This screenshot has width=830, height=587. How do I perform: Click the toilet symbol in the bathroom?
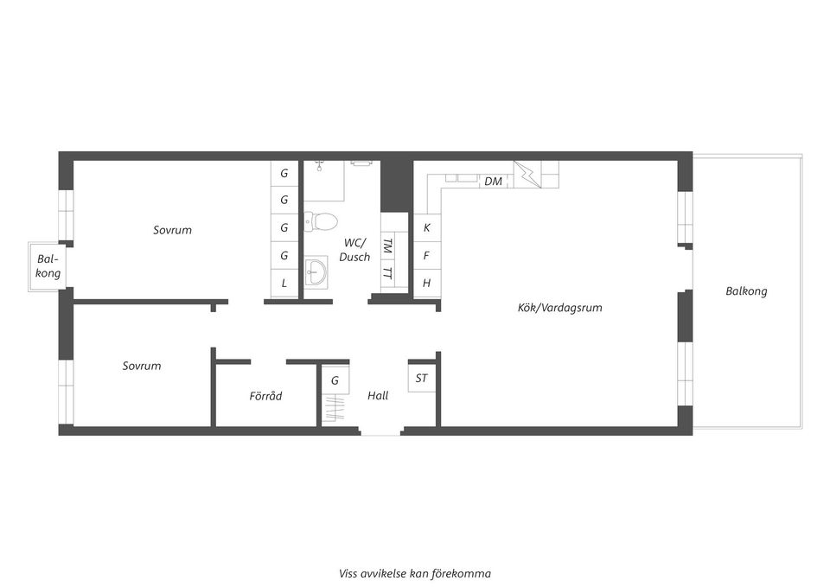click(323, 222)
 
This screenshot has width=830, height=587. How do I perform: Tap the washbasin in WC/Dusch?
click(316, 271)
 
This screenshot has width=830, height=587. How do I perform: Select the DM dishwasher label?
click(493, 182)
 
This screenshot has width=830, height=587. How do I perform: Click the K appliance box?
click(426, 228)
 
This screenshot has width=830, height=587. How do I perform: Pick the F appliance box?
click(426, 256)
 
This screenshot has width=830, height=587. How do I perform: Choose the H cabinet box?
click(426, 284)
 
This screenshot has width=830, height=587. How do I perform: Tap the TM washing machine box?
click(387, 246)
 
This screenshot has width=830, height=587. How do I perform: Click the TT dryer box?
click(387, 273)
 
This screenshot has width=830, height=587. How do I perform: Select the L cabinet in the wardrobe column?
click(284, 284)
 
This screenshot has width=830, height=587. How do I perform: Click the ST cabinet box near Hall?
click(421, 379)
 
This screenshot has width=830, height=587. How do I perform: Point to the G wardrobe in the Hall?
click(335, 380)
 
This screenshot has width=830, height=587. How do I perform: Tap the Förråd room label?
click(265, 396)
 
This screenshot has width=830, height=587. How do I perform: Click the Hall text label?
click(378, 396)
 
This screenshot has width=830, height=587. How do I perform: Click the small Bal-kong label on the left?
click(48, 266)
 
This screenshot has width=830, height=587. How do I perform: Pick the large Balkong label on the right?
click(746, 291)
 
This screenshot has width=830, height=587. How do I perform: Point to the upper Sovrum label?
click(172, 230)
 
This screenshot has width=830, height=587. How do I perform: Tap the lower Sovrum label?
click(142, 366)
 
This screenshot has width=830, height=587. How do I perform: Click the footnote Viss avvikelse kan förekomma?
click(415, 572)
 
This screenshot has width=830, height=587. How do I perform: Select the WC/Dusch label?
click(354, 250)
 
